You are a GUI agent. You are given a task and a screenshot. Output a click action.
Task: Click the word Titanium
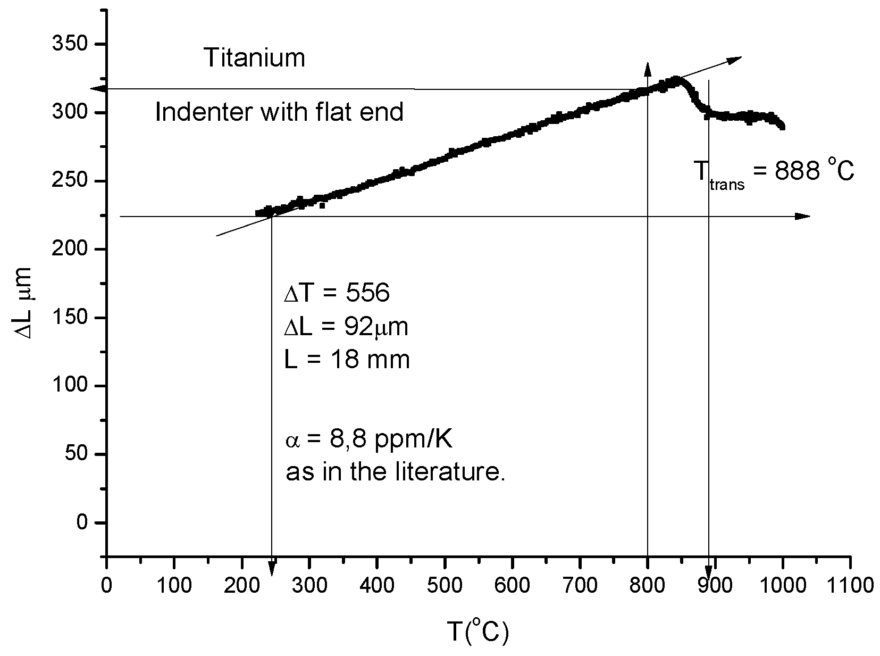click(255, 58)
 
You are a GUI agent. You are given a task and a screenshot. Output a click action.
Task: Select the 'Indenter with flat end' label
click(279, 112)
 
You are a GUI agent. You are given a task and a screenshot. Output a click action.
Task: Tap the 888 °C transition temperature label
click(773, 173)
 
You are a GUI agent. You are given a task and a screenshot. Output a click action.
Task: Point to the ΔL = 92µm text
click(346, 327)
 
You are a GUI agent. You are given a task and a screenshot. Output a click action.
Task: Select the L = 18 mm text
click(347, 360)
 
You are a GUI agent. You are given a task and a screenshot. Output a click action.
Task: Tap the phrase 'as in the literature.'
click(396, 472)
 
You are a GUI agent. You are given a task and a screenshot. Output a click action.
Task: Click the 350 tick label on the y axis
click(70, 44)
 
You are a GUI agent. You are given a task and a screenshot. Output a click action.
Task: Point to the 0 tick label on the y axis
click(82, 522)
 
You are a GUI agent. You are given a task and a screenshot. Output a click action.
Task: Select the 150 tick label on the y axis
click(70, 318)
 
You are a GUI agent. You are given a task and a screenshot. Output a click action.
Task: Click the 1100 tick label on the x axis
click(850, 586)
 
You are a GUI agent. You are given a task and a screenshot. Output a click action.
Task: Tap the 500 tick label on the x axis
click(444, 586)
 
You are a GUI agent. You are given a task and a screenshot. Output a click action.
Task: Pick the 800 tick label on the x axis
click(647, 586)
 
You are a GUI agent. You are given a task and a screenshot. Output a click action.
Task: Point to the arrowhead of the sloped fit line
click(735, 59)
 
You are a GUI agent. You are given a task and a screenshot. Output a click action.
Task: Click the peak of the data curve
click(676, 80)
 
